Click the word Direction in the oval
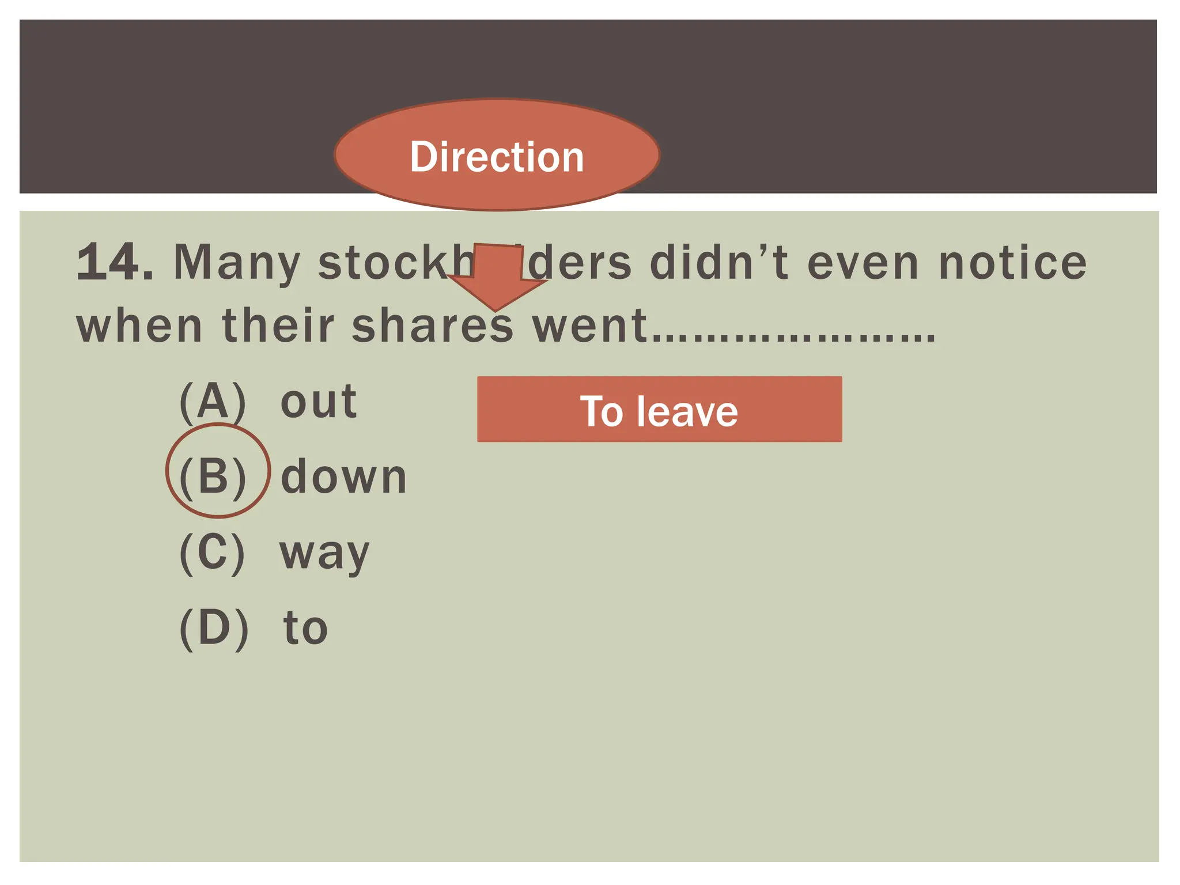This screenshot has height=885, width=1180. pyautogui.click(x=497, y=157)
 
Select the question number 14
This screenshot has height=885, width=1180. pyautogui.click(x=114, y=263)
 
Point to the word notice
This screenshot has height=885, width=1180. pyautogui.click(x=1012, y=263)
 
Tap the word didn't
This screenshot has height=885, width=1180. pyautogui.click(x=719, y=263)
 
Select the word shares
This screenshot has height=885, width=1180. pyautogui.click(x=432, y=326)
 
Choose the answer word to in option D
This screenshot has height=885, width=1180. pyautogui.click(x=305, y=628)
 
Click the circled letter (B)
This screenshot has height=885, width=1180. pyautogui.click(x=213, y=477)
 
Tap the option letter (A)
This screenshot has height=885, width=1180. pyautogui.click(x=213, y=402)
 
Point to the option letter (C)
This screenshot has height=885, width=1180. pyautogui.click(x=212, y=553)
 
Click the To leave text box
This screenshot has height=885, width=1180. pyautogui.click(x=659, y=410)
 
